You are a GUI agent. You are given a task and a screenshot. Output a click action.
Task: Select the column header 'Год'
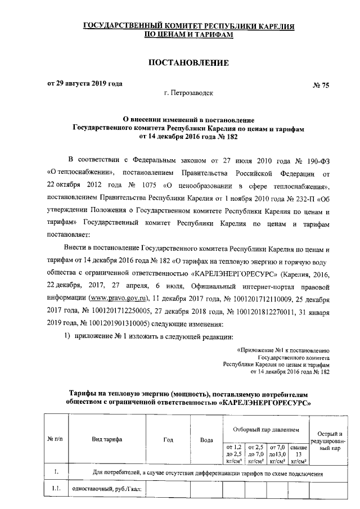tap(168, 439)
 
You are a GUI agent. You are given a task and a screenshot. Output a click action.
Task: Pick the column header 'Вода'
tap(206, 439)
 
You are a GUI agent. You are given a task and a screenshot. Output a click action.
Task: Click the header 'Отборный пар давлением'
tap(267, 428)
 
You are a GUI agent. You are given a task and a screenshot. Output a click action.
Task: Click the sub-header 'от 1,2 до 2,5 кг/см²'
tap(233, 453)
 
